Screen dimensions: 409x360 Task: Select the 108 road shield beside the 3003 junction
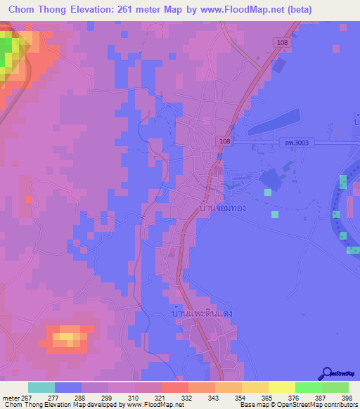[x=223, y=141]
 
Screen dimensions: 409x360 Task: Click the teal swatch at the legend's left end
[x=41, y=387]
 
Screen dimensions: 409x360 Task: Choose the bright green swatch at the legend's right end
[x=335, y=387]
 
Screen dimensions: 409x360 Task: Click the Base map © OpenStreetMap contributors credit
[x=298, y=405]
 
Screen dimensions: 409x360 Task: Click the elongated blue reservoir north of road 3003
[x=274, y=122]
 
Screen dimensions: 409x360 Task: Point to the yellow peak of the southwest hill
[x=65, y=337]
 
